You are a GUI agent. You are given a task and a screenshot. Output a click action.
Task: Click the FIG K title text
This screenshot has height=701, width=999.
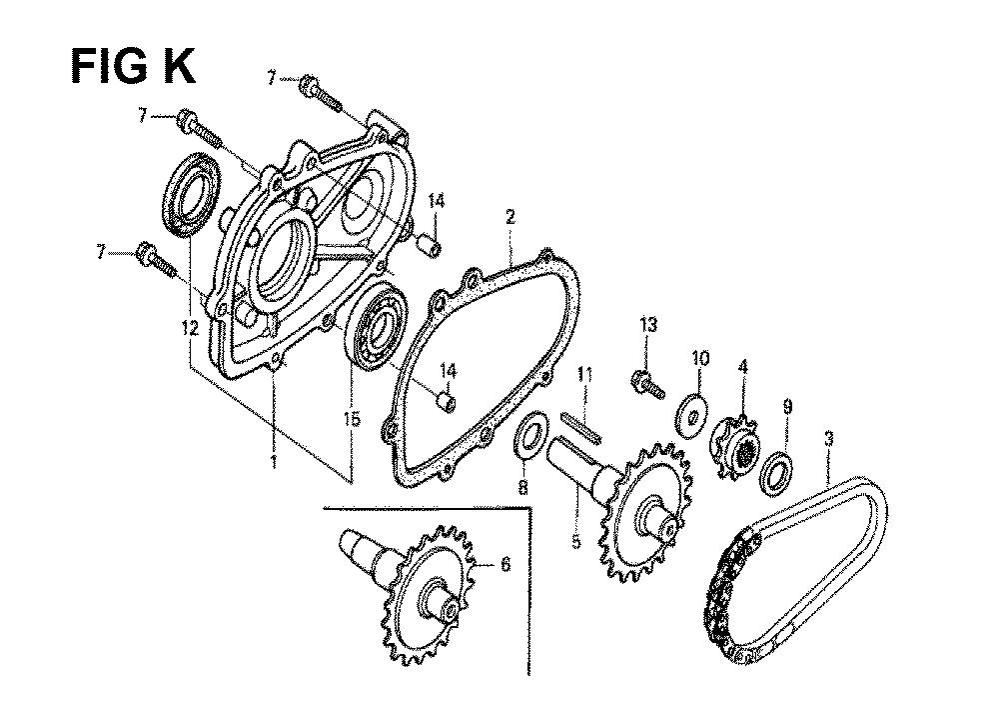click(133, 66)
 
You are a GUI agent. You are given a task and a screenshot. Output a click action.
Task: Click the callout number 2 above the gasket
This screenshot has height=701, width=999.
click(510, 217)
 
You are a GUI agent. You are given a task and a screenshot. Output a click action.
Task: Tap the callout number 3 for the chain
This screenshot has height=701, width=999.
click(828, 439)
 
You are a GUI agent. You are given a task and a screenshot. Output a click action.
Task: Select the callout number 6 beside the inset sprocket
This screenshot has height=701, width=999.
click(504, 565)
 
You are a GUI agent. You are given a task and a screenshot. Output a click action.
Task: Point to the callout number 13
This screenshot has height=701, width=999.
click(648, 325)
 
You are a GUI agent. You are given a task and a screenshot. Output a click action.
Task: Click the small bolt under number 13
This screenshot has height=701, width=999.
click(648, 385)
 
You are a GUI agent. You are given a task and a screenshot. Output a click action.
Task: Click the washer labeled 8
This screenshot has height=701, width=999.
click(531, 435)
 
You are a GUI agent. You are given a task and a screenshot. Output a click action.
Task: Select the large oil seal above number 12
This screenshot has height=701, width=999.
click(192, 194)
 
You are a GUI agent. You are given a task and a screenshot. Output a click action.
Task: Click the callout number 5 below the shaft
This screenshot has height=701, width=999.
click(575, 542)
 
